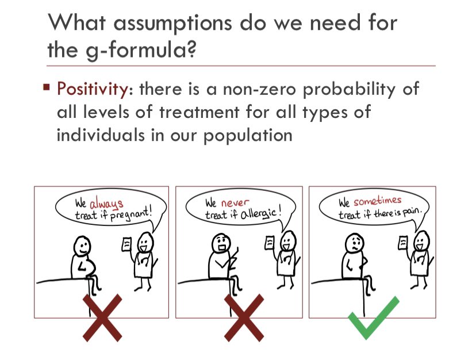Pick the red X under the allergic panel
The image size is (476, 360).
click(x=244, y=316)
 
